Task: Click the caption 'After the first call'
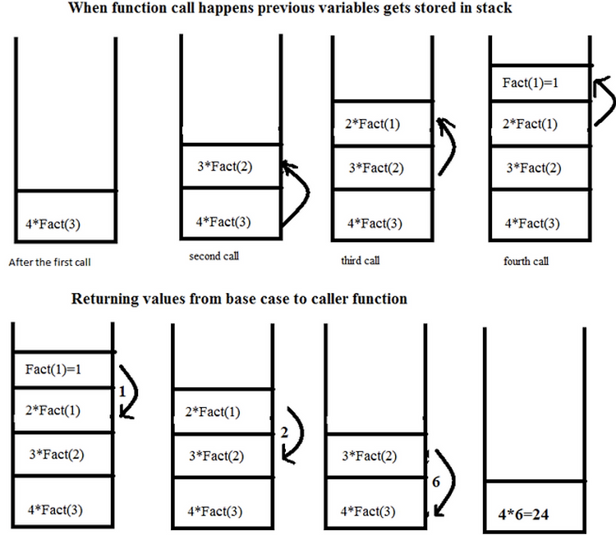[x=49, y=263]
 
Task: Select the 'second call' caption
[x=214, y=256]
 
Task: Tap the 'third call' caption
[x=361, y=260]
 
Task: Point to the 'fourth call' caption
[x=526, y=261]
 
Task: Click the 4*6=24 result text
[x=523, y=514]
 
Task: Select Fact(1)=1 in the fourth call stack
[x=530, y=83]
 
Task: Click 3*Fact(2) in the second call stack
[x=225, y=167]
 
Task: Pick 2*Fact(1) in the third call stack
[x=372, y=124]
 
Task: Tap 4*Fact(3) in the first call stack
[x=53, y=224]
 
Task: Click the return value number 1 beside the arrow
[x=122, y=391]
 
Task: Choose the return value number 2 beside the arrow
[x=284, y=432]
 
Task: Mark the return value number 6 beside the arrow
[x=436, y=482]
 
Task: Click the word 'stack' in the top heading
[x=494, y=7]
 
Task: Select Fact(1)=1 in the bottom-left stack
[x=53, y=369]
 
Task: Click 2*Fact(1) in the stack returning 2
[x=213, y=412]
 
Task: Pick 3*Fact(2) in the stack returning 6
[x=370, y=456]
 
